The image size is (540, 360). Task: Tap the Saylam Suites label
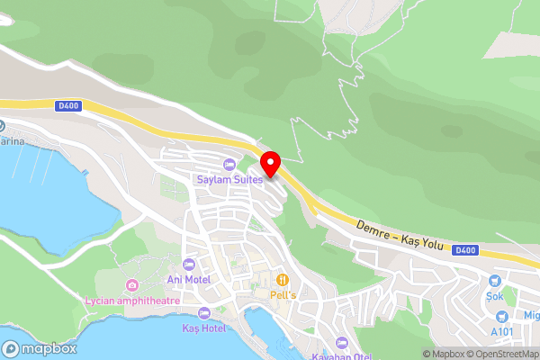229,179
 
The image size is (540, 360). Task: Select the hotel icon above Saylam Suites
229,164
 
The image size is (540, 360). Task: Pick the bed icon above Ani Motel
188,265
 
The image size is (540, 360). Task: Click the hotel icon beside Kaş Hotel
202,313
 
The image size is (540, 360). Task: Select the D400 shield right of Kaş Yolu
464,250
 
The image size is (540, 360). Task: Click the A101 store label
501,330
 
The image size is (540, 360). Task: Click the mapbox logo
40,348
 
